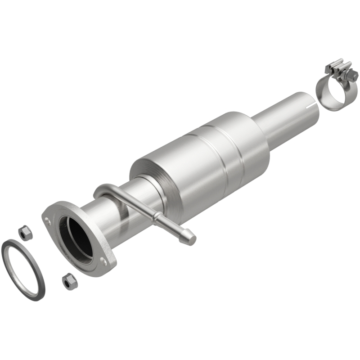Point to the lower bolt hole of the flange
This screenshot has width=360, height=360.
point(104,260)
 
